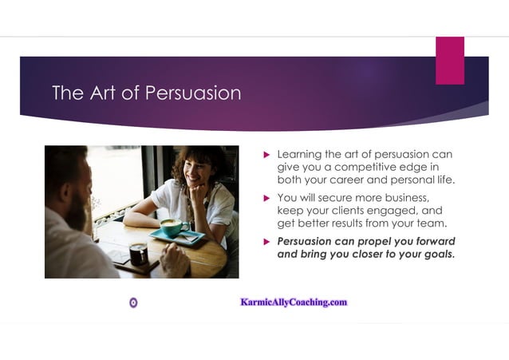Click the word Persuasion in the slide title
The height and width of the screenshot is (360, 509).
click(193, 93)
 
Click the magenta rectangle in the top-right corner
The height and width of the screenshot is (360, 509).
click(450, 60)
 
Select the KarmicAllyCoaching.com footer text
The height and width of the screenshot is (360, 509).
click(294, 303)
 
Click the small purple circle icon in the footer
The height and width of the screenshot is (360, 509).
click(133, 303)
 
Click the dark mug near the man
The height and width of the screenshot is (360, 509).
click(138, 253)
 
